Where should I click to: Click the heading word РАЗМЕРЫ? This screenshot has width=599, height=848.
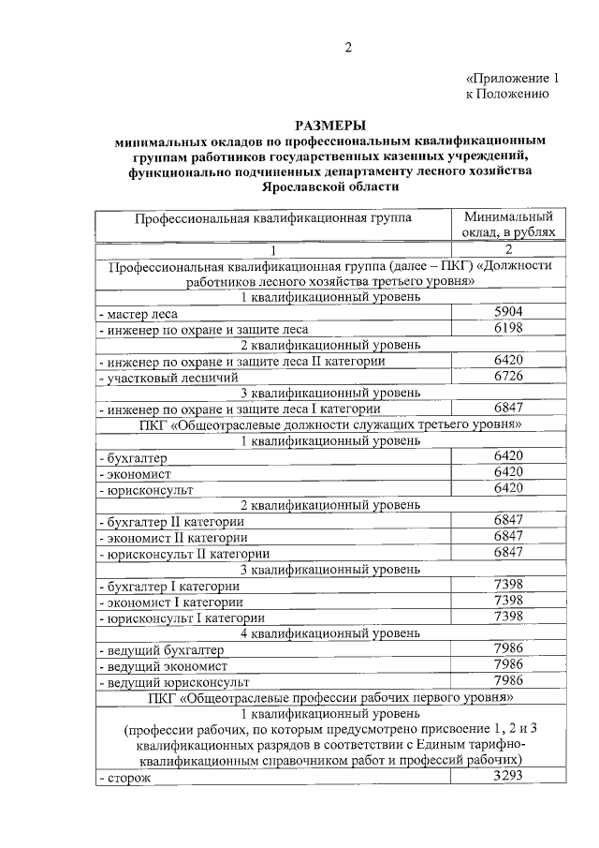330,125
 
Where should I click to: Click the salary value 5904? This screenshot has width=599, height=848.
507,312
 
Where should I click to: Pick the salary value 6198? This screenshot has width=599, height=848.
507,328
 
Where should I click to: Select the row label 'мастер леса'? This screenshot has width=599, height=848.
137,313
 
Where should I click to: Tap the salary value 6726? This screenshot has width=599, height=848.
507,375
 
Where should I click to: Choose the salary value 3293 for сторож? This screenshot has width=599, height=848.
507,774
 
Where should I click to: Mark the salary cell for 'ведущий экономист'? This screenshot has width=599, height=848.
507,664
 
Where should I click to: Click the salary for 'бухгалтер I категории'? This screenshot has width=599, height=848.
507,584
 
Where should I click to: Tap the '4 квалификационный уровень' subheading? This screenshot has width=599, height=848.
330,632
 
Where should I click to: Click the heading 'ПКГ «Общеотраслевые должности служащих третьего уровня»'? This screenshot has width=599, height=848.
330,424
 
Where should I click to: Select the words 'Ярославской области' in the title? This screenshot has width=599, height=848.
330,187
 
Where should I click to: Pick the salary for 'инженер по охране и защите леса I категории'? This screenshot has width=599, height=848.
507,408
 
